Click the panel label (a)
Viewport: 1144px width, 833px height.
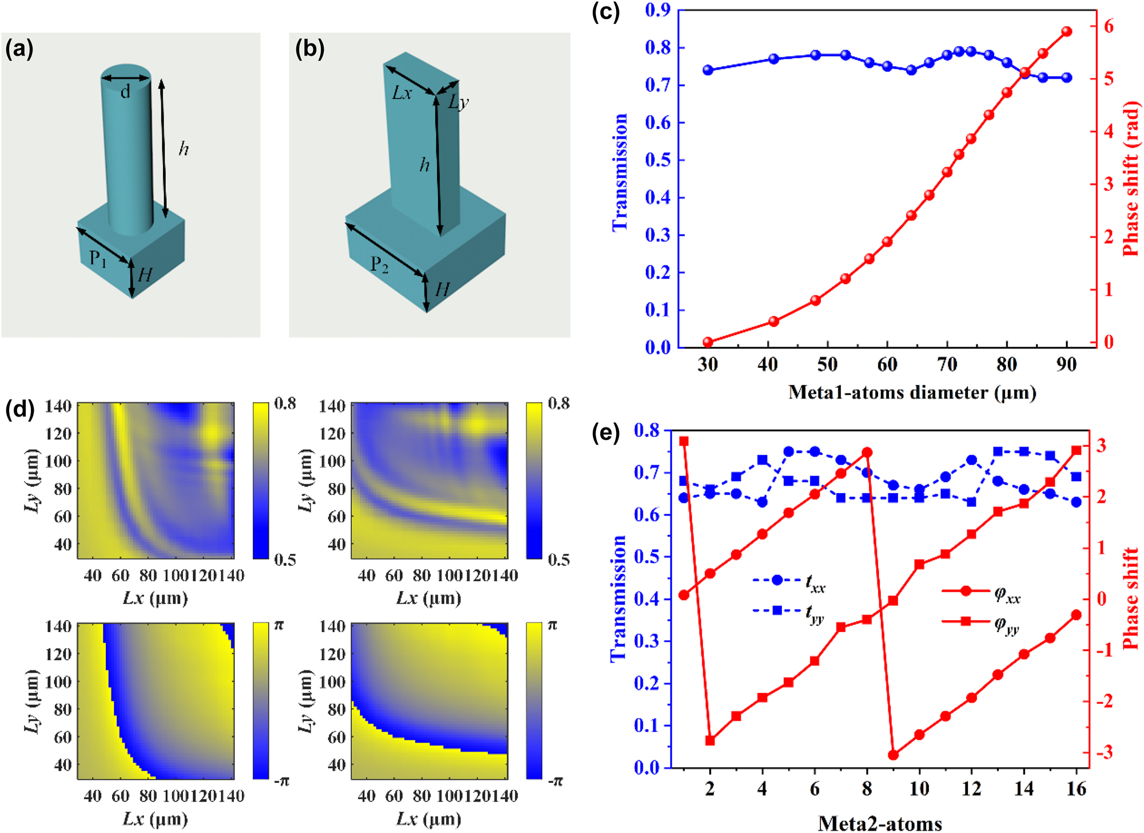click(x=19, y=49)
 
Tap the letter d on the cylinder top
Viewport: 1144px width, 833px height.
click(x=125, y=92)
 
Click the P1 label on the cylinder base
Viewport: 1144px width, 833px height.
click(x=98, y=259)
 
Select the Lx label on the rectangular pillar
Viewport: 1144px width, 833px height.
click(x=402, y=93)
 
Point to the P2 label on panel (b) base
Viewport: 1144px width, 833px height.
click(x=379, y=264)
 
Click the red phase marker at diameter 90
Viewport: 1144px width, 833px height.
click(x=1066, y=31)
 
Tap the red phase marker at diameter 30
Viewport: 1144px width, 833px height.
click(x=708, y=342)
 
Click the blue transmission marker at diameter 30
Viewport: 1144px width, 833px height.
click(x=708, y=70)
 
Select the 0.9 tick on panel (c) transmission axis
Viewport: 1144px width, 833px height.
click(x=657, y=10)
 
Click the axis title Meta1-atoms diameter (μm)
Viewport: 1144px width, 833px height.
click(x=912, y=392)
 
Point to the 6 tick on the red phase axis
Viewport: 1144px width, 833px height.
click(x=1109, y=26)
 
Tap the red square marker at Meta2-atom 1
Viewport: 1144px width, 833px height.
click(x=684, y=441)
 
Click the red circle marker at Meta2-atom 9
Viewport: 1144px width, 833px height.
click(x=893, y=755)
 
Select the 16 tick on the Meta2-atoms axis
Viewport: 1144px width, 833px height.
click(x=1076, y=789)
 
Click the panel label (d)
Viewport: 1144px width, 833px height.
click(x=19, y=410)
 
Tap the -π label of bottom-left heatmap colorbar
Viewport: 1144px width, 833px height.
click(x=281, y=781)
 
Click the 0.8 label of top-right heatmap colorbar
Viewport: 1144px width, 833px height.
click(x=558, y=404)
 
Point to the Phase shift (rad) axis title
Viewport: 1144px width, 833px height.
click(x=1131, y=178)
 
